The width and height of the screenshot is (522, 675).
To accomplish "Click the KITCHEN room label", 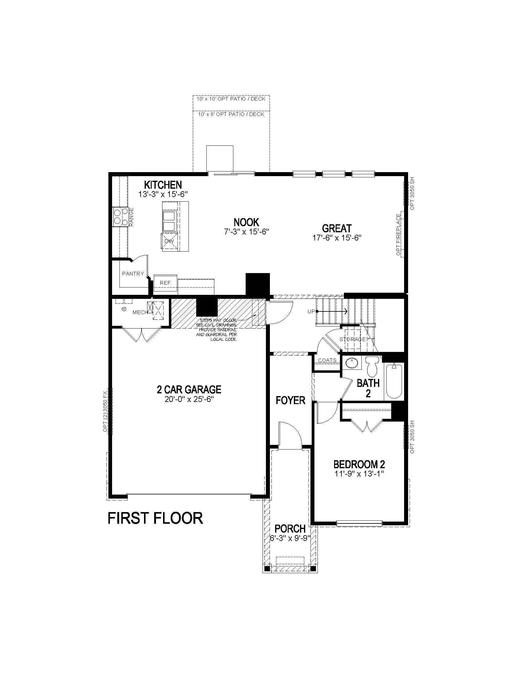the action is tap(163, 185).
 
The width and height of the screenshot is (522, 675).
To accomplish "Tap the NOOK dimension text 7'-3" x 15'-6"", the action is tap(247, 232).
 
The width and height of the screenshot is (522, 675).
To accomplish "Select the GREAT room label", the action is tap(337, 228).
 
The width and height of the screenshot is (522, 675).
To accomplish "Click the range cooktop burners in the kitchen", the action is tap(121, 216).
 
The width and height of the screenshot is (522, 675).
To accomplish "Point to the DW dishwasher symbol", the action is tap(169, 241).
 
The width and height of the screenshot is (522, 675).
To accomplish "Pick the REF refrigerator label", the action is tap(165, 283).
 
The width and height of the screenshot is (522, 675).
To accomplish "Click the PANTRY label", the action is tap(133, 273).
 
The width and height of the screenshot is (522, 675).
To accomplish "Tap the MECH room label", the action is tap(140, 312).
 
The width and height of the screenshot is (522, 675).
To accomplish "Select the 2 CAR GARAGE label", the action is tap(189, 389).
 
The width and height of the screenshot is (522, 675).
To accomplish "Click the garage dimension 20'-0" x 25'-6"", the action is tap(189, 399).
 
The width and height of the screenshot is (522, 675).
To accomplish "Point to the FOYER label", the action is tap(290, 400).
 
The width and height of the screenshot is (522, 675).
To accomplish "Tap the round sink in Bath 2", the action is tap(351, 363).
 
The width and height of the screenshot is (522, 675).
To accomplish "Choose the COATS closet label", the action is tap(327, 360).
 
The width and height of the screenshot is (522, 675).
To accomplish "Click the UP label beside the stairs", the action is tap(311, 311).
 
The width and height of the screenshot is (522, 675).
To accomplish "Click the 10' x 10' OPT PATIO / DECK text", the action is tap(231, 99).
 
